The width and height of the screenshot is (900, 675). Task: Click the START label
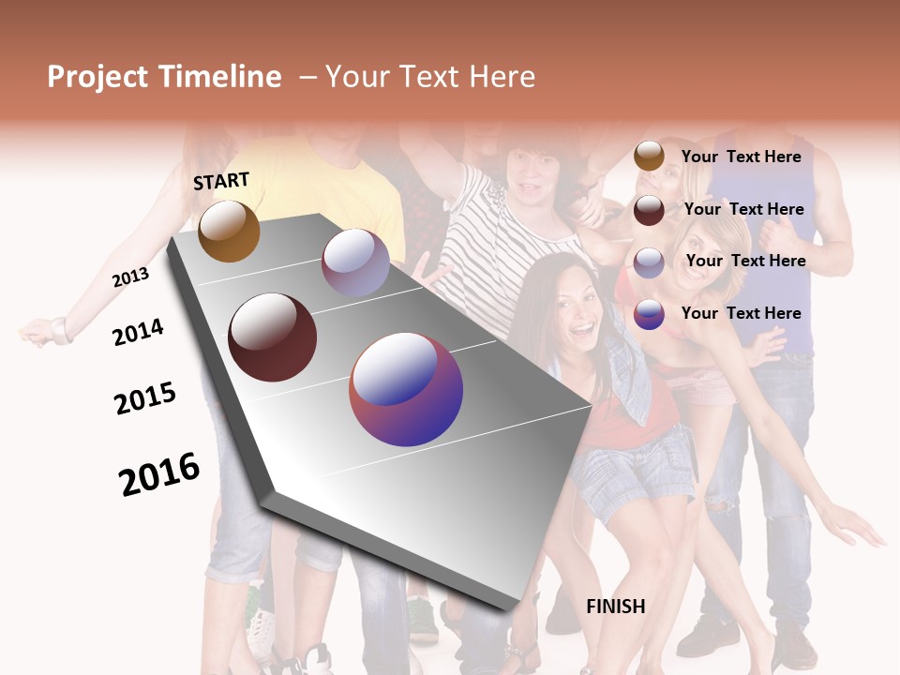(x=221, y=181)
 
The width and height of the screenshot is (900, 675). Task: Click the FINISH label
(x=615, y=607)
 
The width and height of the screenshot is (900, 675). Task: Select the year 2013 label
(x=131, y=277)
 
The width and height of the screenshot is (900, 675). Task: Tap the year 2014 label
(x=138, y=332)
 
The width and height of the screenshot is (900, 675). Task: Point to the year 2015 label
(x=145, y=398)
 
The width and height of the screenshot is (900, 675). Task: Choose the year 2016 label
(x=159, y=474)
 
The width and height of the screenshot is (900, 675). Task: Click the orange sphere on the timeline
(x=229, y=232)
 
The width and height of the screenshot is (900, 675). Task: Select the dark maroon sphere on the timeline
(x=273, y=337)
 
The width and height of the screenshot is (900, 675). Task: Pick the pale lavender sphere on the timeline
(x=355, y=262)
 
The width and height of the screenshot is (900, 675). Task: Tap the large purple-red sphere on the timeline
(x=406, y=389)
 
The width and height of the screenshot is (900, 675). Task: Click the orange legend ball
(x=649, y=157)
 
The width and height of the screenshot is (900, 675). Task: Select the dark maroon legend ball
(x=649, y=210)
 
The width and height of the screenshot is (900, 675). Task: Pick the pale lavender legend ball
(x=649, y=262)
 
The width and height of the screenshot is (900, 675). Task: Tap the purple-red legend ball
(x=649, y=314)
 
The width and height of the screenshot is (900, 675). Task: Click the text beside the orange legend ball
(x=742, y=157)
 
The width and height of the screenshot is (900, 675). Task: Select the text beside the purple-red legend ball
(x=742, y=313)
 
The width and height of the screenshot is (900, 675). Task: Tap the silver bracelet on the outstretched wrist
(x=62, y=330)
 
